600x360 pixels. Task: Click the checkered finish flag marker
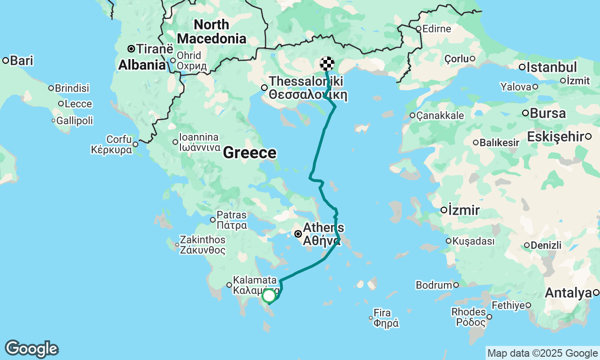point(327,63)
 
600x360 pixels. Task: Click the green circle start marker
point(269,296)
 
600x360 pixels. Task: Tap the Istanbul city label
point(551,67)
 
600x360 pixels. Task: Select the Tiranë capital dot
point(131,49)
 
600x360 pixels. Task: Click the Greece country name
point(249,153)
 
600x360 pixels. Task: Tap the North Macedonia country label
point(211,31)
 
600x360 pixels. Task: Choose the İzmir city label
point(464,210)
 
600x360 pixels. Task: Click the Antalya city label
point(568,293)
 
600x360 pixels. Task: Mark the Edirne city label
point(436,29)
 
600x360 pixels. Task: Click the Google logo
point(31,349)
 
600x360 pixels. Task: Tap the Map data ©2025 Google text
point(542,353)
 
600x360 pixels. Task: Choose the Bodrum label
point(434,285)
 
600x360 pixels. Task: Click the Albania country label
point(142,65)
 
